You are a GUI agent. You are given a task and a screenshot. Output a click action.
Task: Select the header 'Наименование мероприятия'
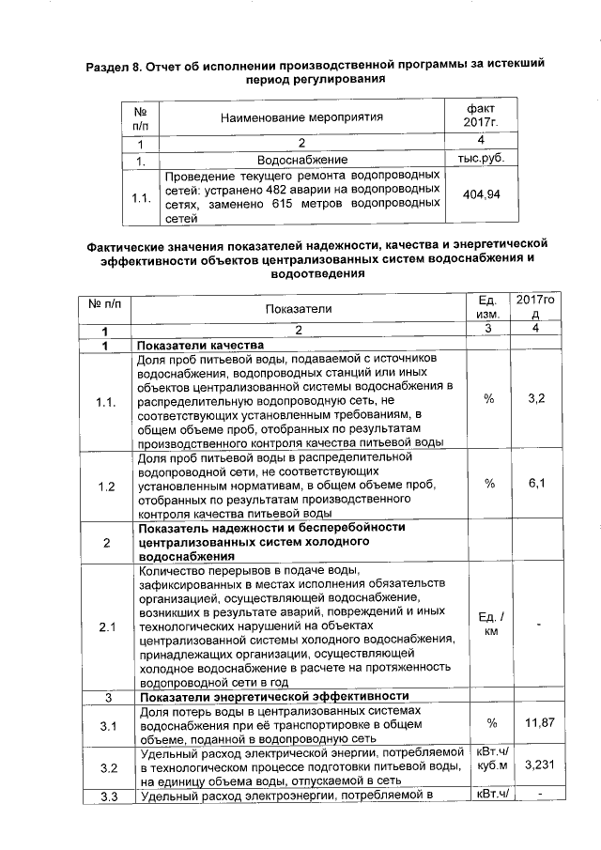[x=302, y=117]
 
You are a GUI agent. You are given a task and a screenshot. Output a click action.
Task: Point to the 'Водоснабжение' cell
[x=302, y=161]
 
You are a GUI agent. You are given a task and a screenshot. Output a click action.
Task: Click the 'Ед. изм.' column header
[x=487, y=308]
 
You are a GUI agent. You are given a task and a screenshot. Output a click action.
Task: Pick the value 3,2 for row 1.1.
[x=537, y=399]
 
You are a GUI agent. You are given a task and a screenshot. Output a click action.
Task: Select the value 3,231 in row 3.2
[x=537, y=766]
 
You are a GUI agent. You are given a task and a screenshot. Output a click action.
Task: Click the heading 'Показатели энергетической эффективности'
[x=273, y=696]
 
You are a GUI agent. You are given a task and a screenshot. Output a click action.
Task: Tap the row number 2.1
[x=106, y=626]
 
